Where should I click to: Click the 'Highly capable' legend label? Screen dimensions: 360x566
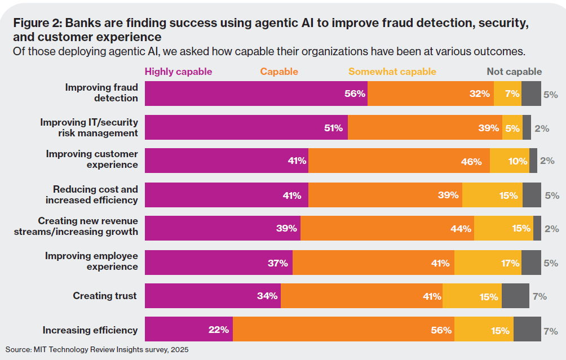pos(178,72)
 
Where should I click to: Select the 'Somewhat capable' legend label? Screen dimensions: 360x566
pos(392,72)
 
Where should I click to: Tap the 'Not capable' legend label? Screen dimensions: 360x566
pos(514,72)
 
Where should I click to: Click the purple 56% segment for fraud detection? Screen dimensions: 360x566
pos(256,94)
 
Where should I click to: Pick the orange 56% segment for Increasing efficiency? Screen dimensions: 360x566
pos(343,330)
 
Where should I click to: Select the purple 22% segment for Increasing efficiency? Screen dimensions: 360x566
pos(189,330)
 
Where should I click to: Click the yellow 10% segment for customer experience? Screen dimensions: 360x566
pos(510,161)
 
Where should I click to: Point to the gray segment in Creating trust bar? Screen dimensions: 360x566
pos(515,296)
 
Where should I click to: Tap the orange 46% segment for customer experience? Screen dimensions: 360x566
pos(399,161)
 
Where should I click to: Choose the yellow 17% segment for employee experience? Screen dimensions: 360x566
pos(488,263)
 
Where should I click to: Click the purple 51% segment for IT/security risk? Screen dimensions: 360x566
pos(246,127)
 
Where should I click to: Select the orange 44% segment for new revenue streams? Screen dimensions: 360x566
pos(387,228)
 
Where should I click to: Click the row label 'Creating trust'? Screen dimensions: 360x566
pos(105,296)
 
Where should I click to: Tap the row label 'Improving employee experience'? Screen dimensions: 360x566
pos(91,261)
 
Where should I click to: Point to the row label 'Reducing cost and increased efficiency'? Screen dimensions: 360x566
pos(91,194)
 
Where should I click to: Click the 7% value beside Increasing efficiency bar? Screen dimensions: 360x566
pos(551,330)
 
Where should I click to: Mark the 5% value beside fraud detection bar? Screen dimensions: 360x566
pos(551,94)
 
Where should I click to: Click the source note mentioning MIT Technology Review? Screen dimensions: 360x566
pos(97,350)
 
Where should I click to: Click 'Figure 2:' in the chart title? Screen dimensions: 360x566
pos(37,24)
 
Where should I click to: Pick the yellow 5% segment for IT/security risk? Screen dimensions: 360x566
pos(512,127)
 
